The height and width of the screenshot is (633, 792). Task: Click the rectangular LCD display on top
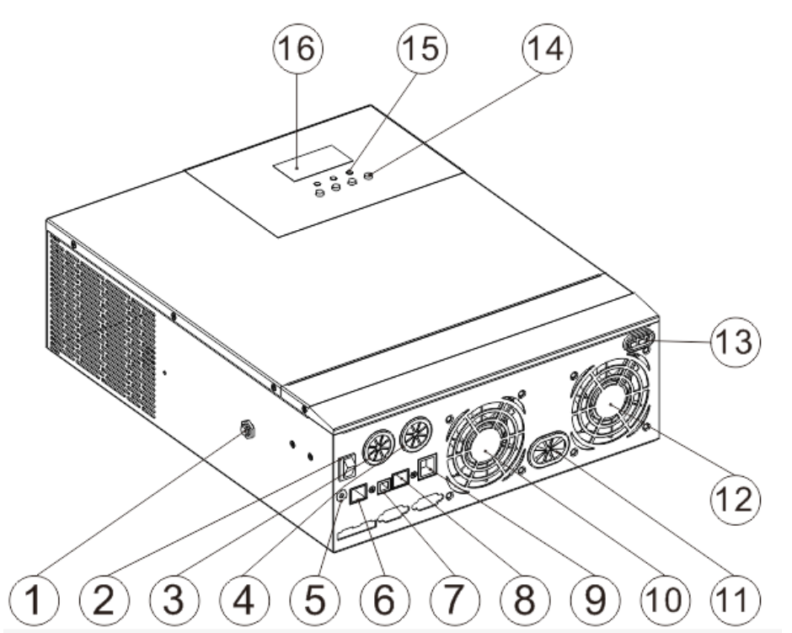point(311,163)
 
